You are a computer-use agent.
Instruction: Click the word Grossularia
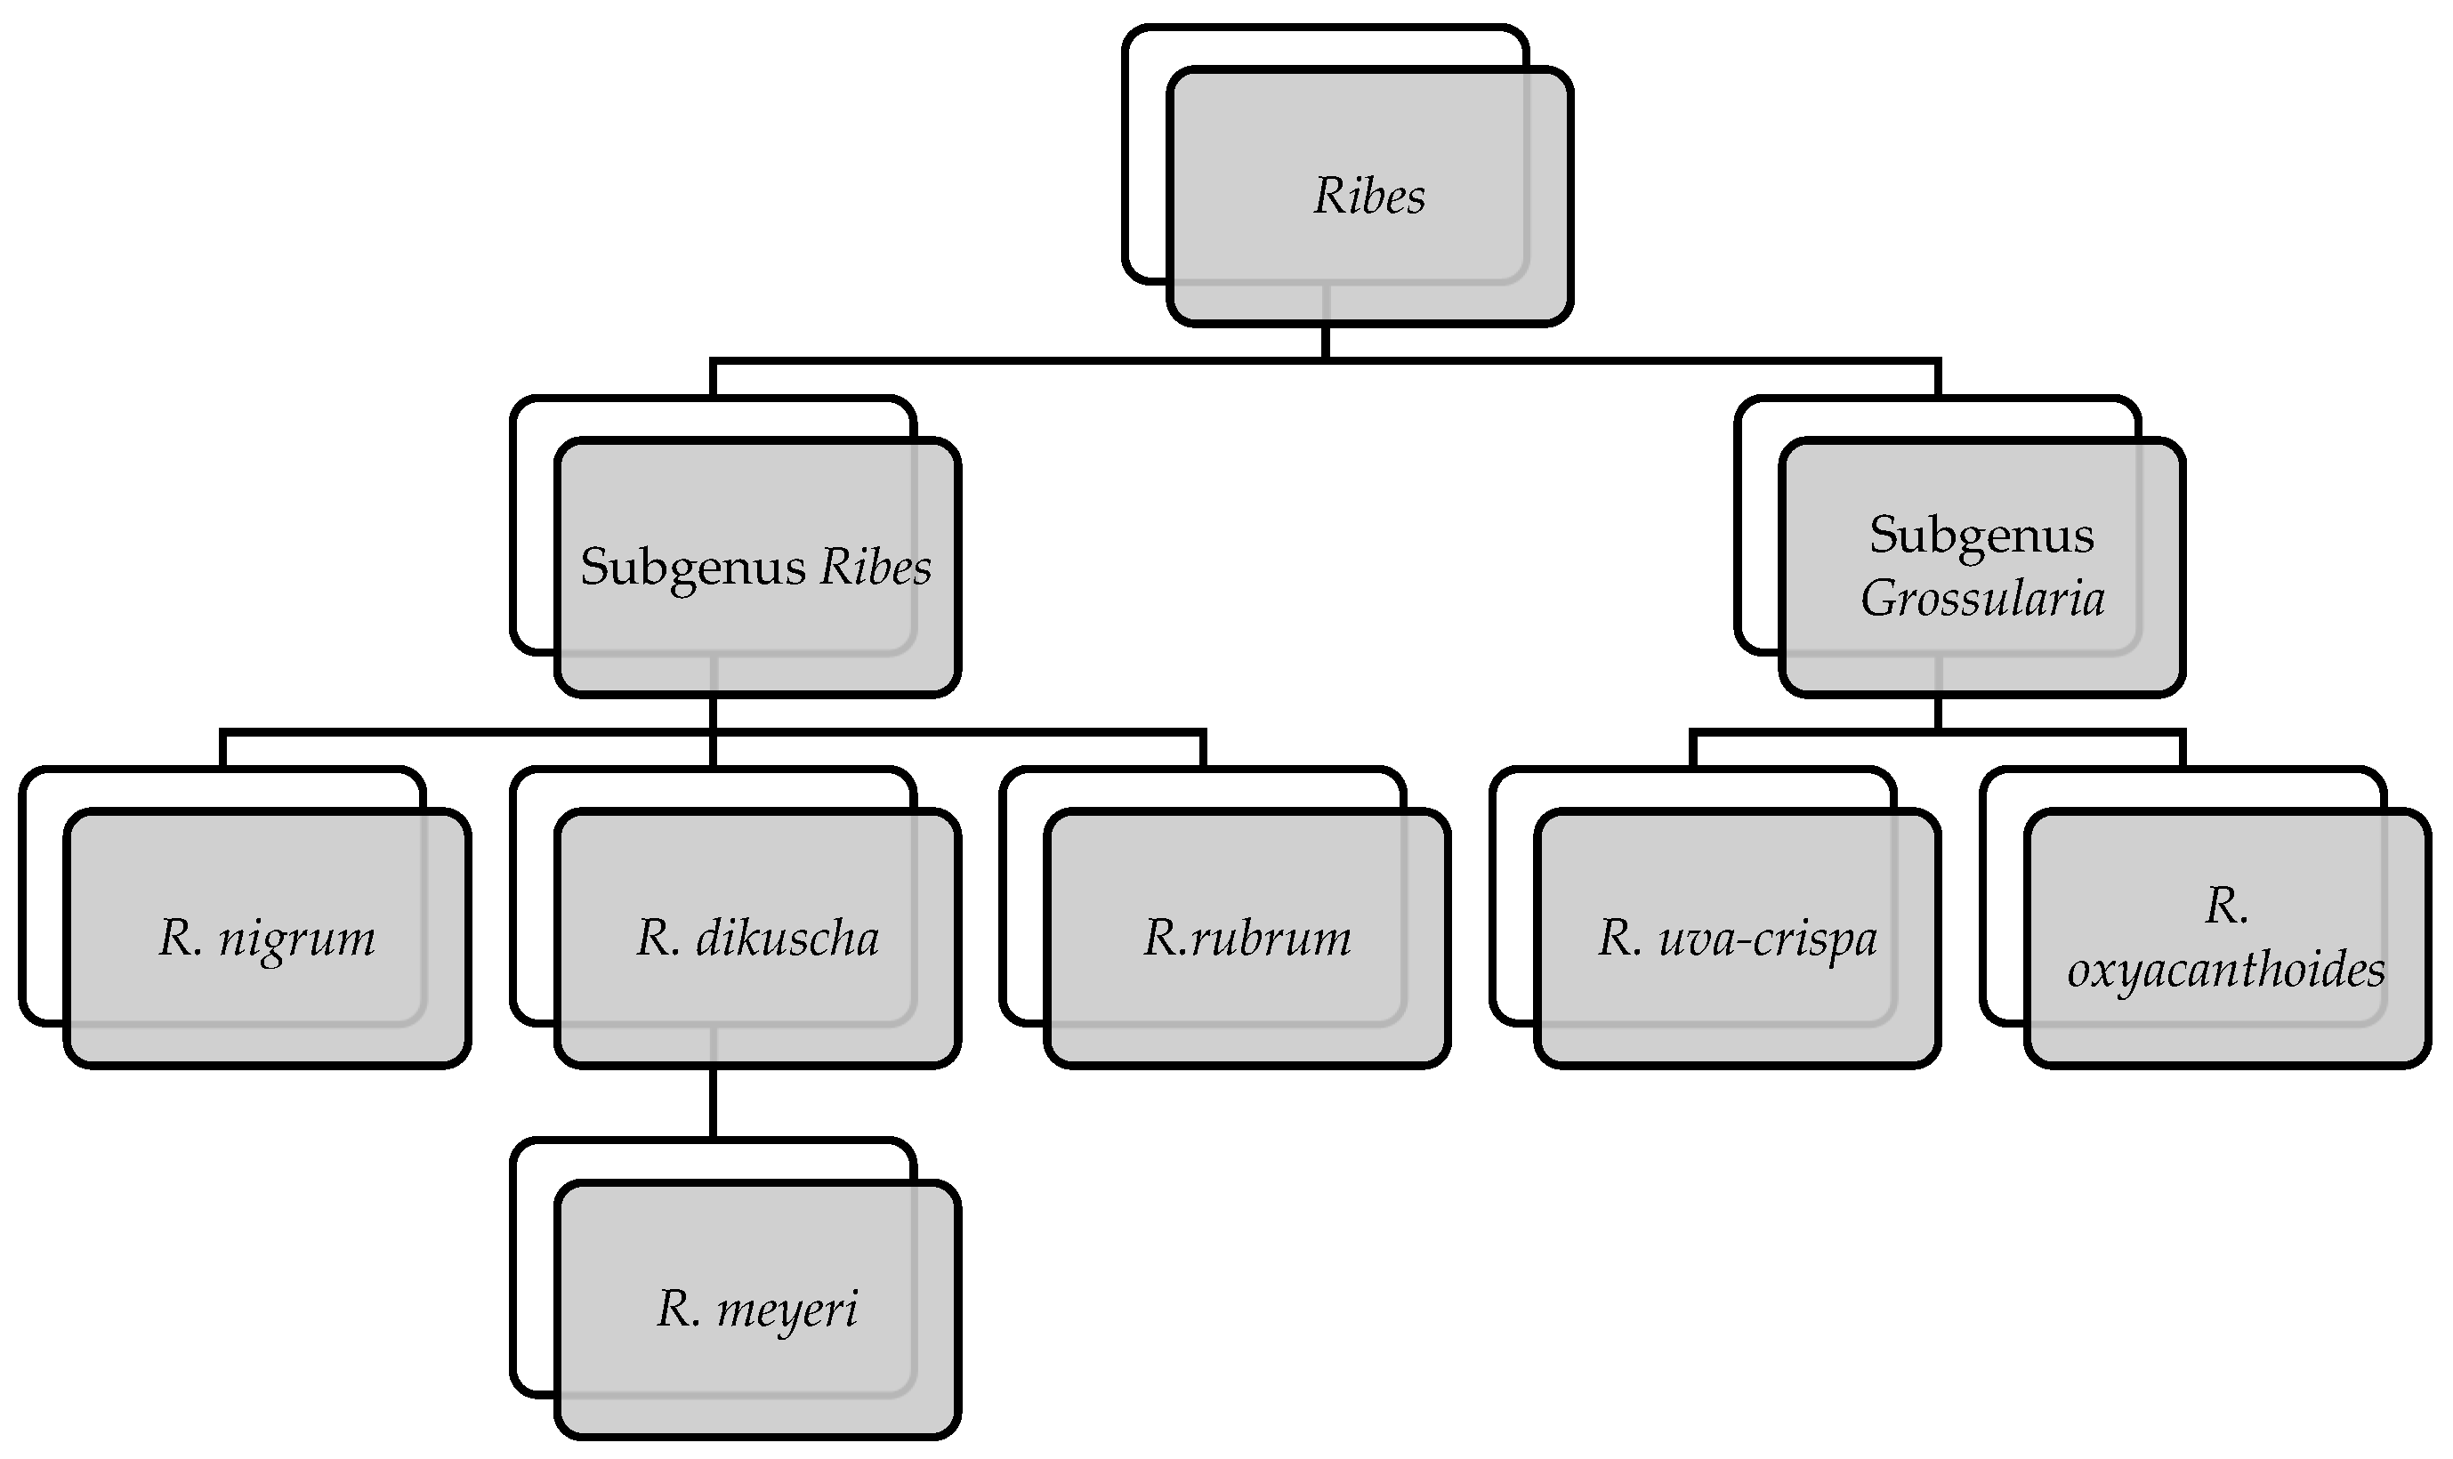point(1982,599)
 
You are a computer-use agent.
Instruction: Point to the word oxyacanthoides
point(2226,971)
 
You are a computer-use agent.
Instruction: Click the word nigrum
point(296,939)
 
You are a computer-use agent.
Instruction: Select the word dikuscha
point(787,939)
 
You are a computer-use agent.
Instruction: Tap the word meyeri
point(787,1310)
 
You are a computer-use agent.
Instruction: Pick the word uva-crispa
point(1768,939)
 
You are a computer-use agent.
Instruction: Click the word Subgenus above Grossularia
point(1981,536)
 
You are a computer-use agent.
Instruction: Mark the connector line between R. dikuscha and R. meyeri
point(712,1101)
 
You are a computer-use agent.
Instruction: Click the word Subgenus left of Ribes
point(692,568)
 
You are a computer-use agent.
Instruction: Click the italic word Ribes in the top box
point(1368,197)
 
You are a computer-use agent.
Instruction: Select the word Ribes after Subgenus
point(875,568)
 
